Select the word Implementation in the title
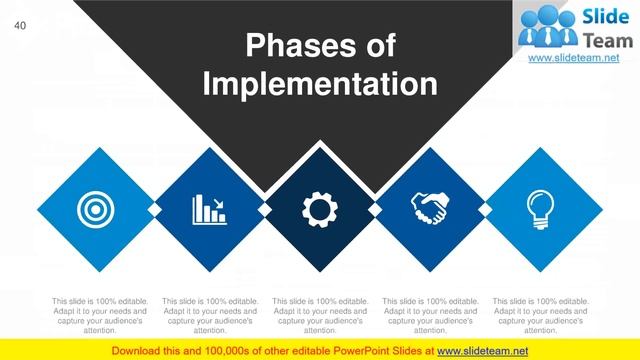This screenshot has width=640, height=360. (320, 83)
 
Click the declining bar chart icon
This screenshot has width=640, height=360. (208, 208)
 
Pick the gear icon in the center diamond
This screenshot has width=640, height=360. (319, 208)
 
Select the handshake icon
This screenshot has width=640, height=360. (429, 208)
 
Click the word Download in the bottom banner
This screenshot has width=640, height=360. (140, 349)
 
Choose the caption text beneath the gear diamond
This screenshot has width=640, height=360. (319, 315)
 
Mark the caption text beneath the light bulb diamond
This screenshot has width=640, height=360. (540, 315)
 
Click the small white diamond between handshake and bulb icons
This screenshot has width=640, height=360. (484, 208)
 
